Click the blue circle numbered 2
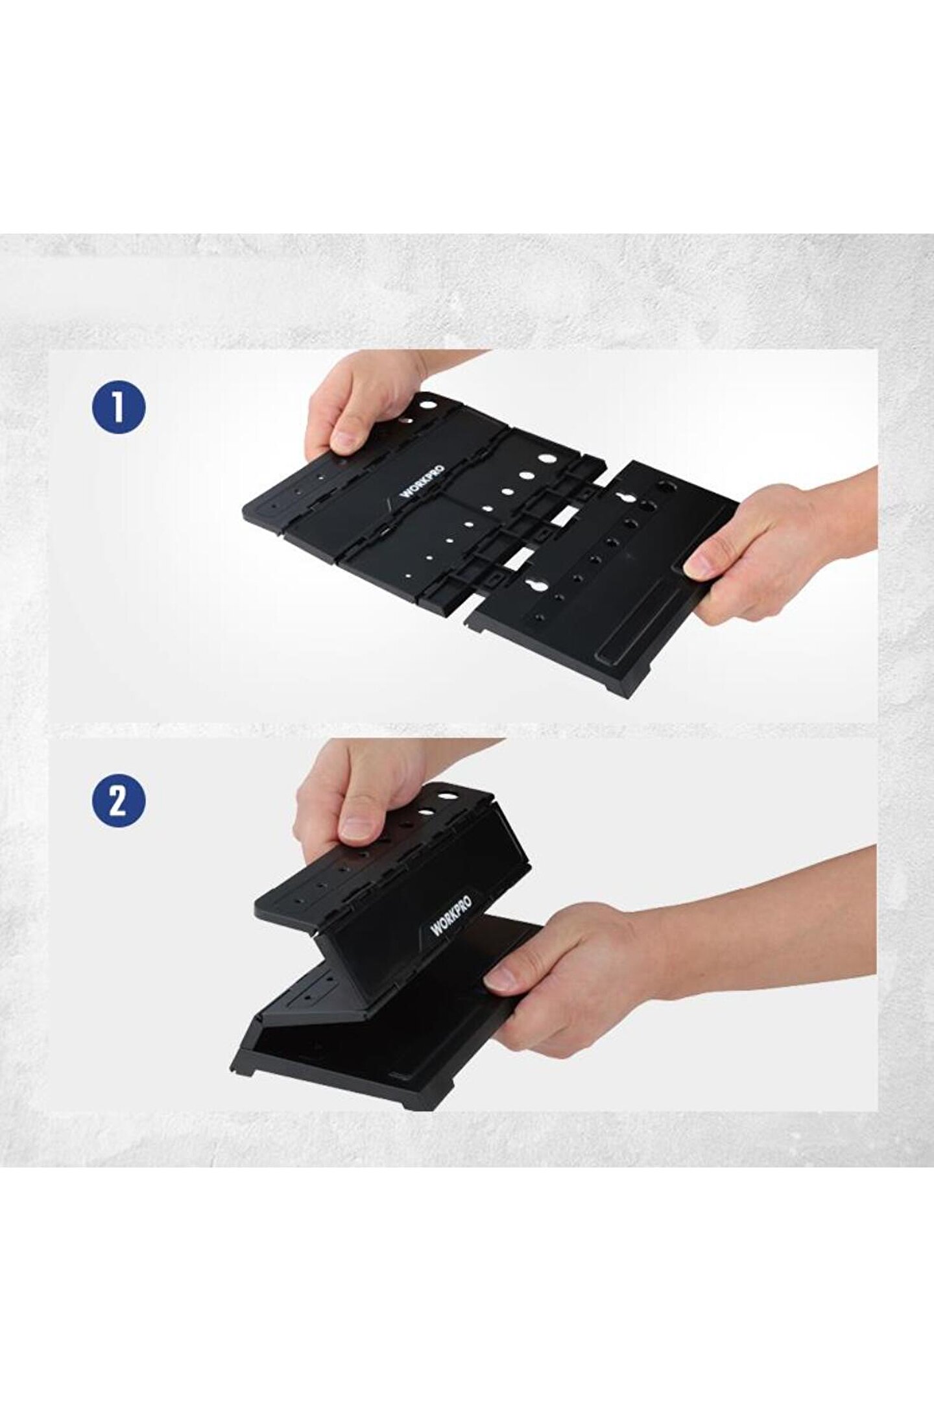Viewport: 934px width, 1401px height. click(119, 802)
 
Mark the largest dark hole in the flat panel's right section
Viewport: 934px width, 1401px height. click(664, 488)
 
